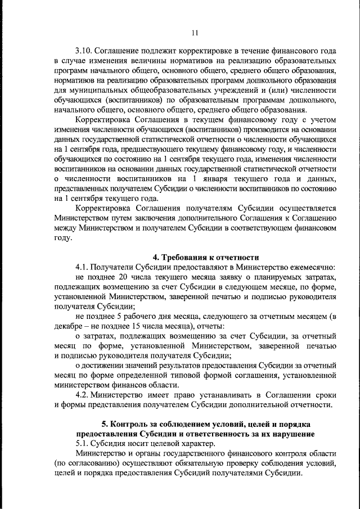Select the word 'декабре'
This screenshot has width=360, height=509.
coord(70,326)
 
